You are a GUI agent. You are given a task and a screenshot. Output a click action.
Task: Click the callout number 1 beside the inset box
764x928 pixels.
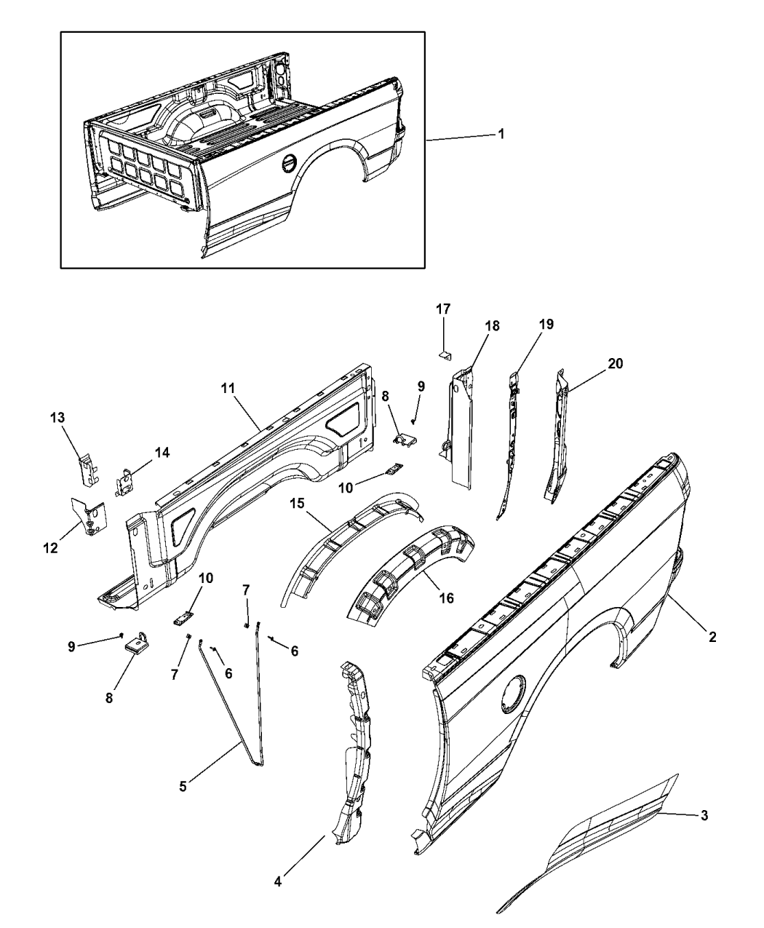point(501,134)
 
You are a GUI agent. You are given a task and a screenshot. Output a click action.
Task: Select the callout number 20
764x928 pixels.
point(615,364)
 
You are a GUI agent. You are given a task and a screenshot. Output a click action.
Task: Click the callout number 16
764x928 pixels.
point(446,598)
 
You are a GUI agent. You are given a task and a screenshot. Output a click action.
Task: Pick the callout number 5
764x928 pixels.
point(183,786)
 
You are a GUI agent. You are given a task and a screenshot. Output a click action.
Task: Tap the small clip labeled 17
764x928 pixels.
point(445,355)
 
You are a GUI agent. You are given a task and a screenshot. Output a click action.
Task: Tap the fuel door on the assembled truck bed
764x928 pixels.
point(288,164)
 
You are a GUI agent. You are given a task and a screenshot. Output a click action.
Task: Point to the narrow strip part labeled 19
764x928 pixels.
point(509,444)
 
